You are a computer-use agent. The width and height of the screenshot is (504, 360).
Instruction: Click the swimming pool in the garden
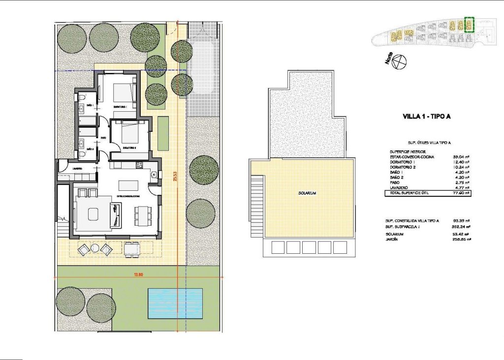[x=175, y=302]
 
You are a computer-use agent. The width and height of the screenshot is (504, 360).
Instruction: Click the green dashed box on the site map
[x=469, y=25]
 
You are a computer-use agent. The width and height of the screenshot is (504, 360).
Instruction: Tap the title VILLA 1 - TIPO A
[x=426, y=117]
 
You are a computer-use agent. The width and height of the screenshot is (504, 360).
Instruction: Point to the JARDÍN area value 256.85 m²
[x=461, y=240]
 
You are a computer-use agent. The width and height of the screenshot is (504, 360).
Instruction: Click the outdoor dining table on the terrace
[x=131, y=249]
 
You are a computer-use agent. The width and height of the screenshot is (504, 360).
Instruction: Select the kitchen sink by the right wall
[x=154, y=174]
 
